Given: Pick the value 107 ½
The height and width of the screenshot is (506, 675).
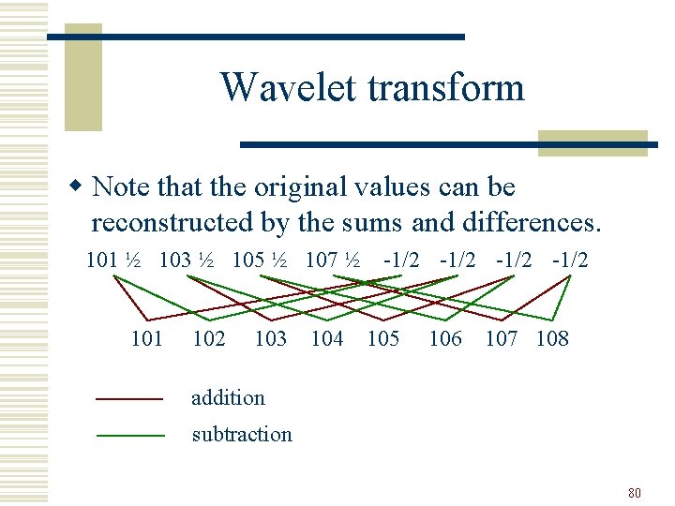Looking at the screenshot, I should click(333, 260).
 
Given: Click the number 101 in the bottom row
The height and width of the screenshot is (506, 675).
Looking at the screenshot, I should click(147, 338).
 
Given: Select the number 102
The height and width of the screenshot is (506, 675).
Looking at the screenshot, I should click(208, 338).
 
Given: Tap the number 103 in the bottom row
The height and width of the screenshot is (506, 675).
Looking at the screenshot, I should click(270, 338).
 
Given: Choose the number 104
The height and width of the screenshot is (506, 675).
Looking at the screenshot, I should click(326, 338).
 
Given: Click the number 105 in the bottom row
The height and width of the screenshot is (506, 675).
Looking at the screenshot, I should click(382, 338).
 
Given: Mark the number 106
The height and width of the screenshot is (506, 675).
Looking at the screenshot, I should click(444, 338).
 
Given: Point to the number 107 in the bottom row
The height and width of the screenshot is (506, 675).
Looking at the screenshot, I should click(502, 338).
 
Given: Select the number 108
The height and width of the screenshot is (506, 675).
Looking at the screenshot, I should click(552, 338).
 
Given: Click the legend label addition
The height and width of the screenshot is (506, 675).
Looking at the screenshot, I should click(228, 397).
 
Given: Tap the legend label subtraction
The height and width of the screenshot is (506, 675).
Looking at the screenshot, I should click(242, 434).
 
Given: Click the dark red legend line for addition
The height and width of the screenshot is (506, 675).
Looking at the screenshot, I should click(130, 399).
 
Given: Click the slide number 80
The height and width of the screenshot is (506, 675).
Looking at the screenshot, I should click(634, 492).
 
